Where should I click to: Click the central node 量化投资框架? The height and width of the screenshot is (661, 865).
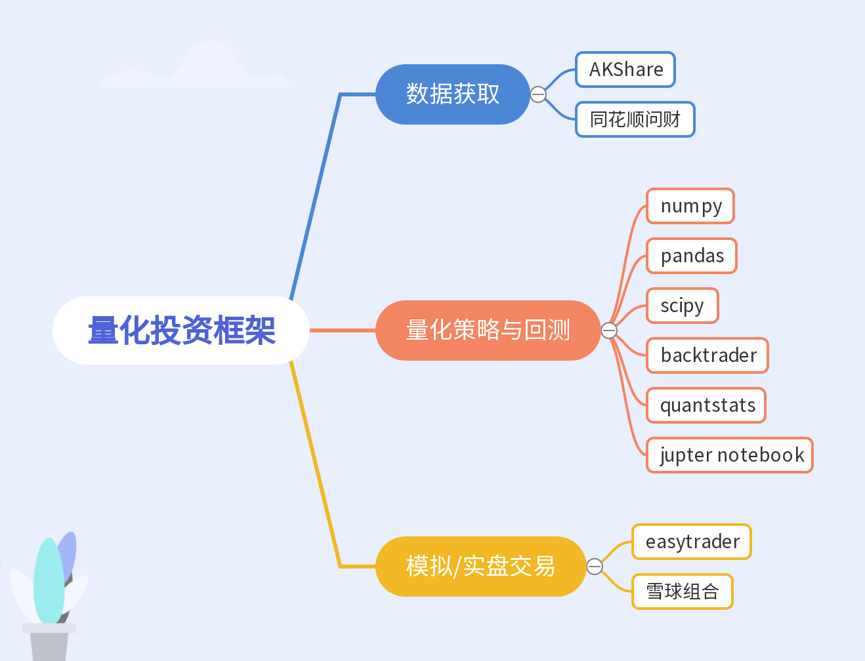coord(181,330)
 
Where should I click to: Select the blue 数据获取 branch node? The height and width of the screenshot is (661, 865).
coord(452,94)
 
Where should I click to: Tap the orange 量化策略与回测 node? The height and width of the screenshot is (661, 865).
coord(488,330)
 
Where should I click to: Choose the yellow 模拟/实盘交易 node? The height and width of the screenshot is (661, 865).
coord(480,567)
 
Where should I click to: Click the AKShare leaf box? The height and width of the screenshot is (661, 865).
coord(625,70)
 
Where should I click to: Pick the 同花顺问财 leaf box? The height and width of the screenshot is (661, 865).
coord(635,119)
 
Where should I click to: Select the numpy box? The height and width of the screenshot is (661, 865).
coord(690,206)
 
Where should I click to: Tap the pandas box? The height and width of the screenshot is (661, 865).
coord(692,256)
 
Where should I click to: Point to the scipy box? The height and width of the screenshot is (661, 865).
coord(683,306)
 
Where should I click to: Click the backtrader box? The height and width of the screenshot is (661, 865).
coord(707,355)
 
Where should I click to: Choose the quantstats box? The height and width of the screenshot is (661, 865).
coord(706,405)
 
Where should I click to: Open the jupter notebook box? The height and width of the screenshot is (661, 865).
coord(730,455)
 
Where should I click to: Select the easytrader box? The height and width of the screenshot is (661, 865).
coord(692,542)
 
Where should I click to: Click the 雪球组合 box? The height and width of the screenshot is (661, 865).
coord(683,591)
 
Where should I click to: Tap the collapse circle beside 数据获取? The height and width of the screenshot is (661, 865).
coord(538,94)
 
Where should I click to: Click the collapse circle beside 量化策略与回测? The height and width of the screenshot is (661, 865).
coord(609,330)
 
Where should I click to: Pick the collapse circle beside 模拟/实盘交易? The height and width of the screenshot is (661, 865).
coord(595,567)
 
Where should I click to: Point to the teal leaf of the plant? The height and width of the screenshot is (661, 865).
coord(49,580)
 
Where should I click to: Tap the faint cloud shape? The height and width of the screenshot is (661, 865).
coord(197,69)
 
